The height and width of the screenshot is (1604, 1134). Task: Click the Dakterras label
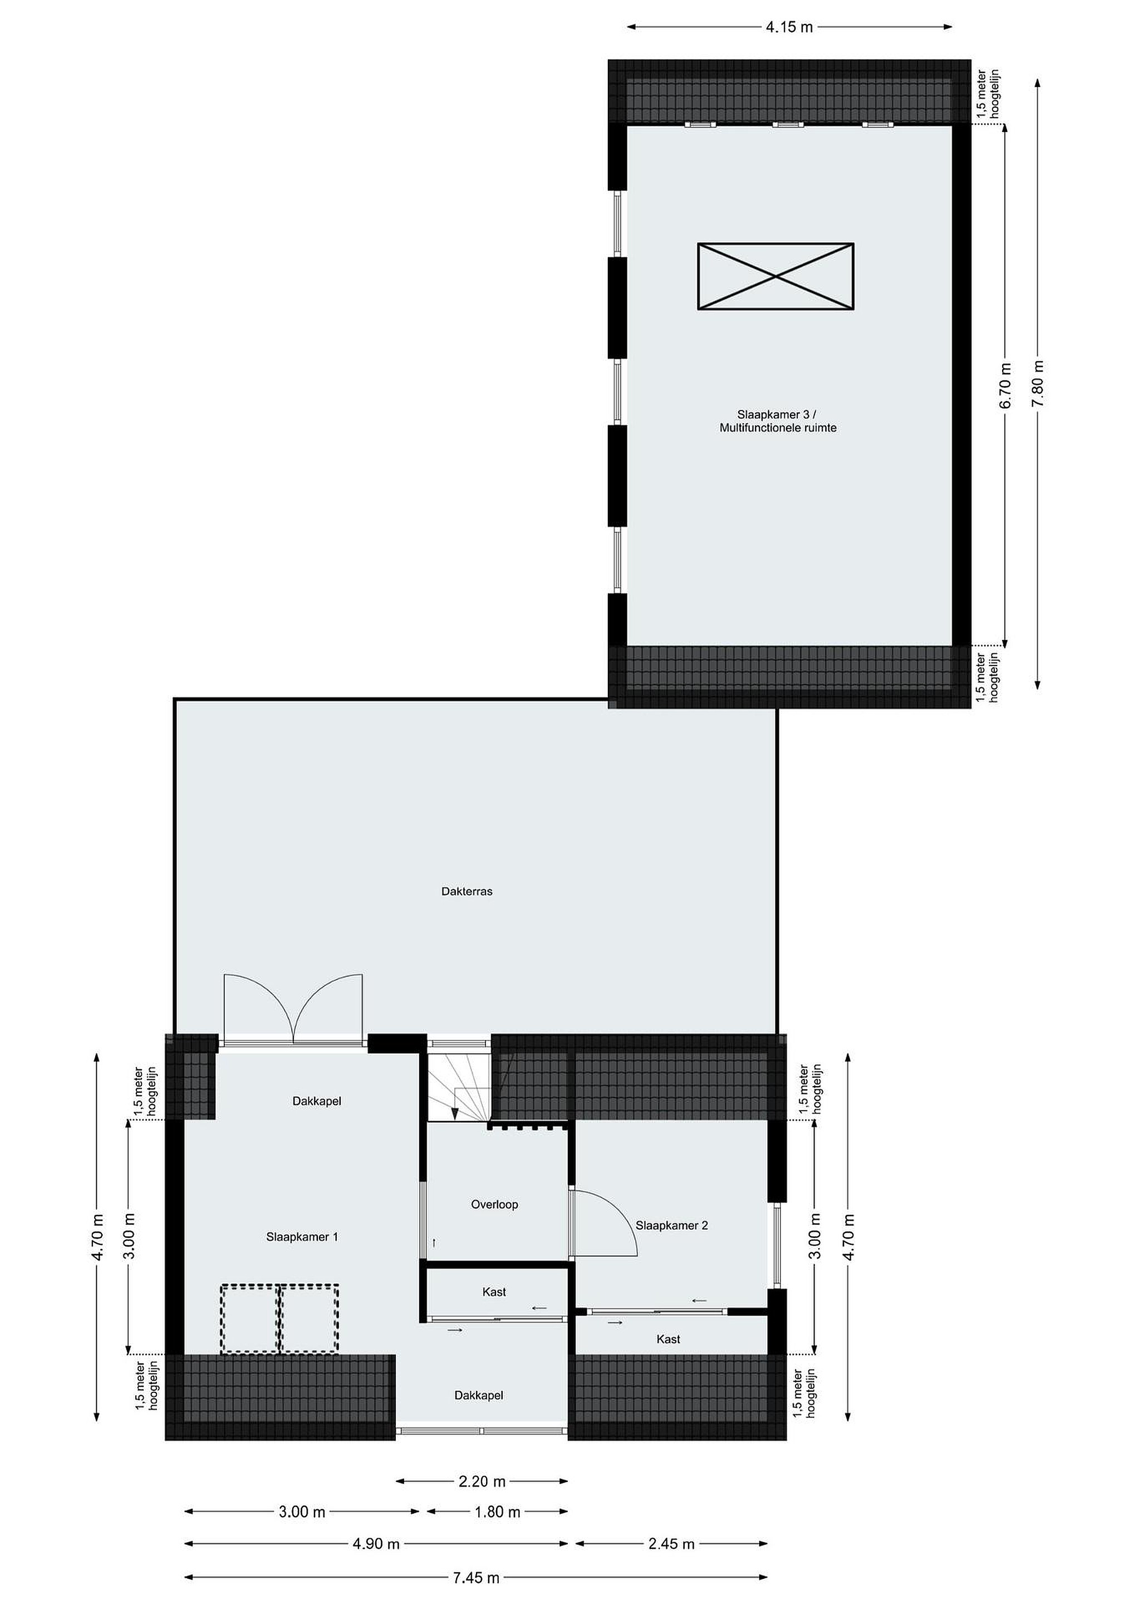[467, 892]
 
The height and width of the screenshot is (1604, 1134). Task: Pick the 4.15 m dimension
[789, 27]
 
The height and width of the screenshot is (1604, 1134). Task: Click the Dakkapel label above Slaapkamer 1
[316, 1101]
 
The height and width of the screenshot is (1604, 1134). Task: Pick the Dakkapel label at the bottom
[478, 1415]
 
